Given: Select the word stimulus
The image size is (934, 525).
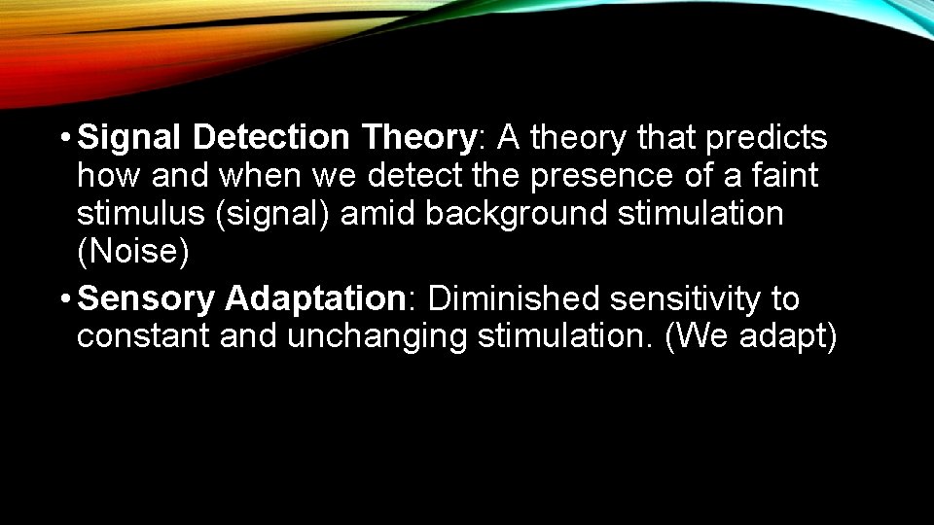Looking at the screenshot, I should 137,214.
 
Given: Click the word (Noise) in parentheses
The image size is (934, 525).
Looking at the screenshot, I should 132,252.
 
